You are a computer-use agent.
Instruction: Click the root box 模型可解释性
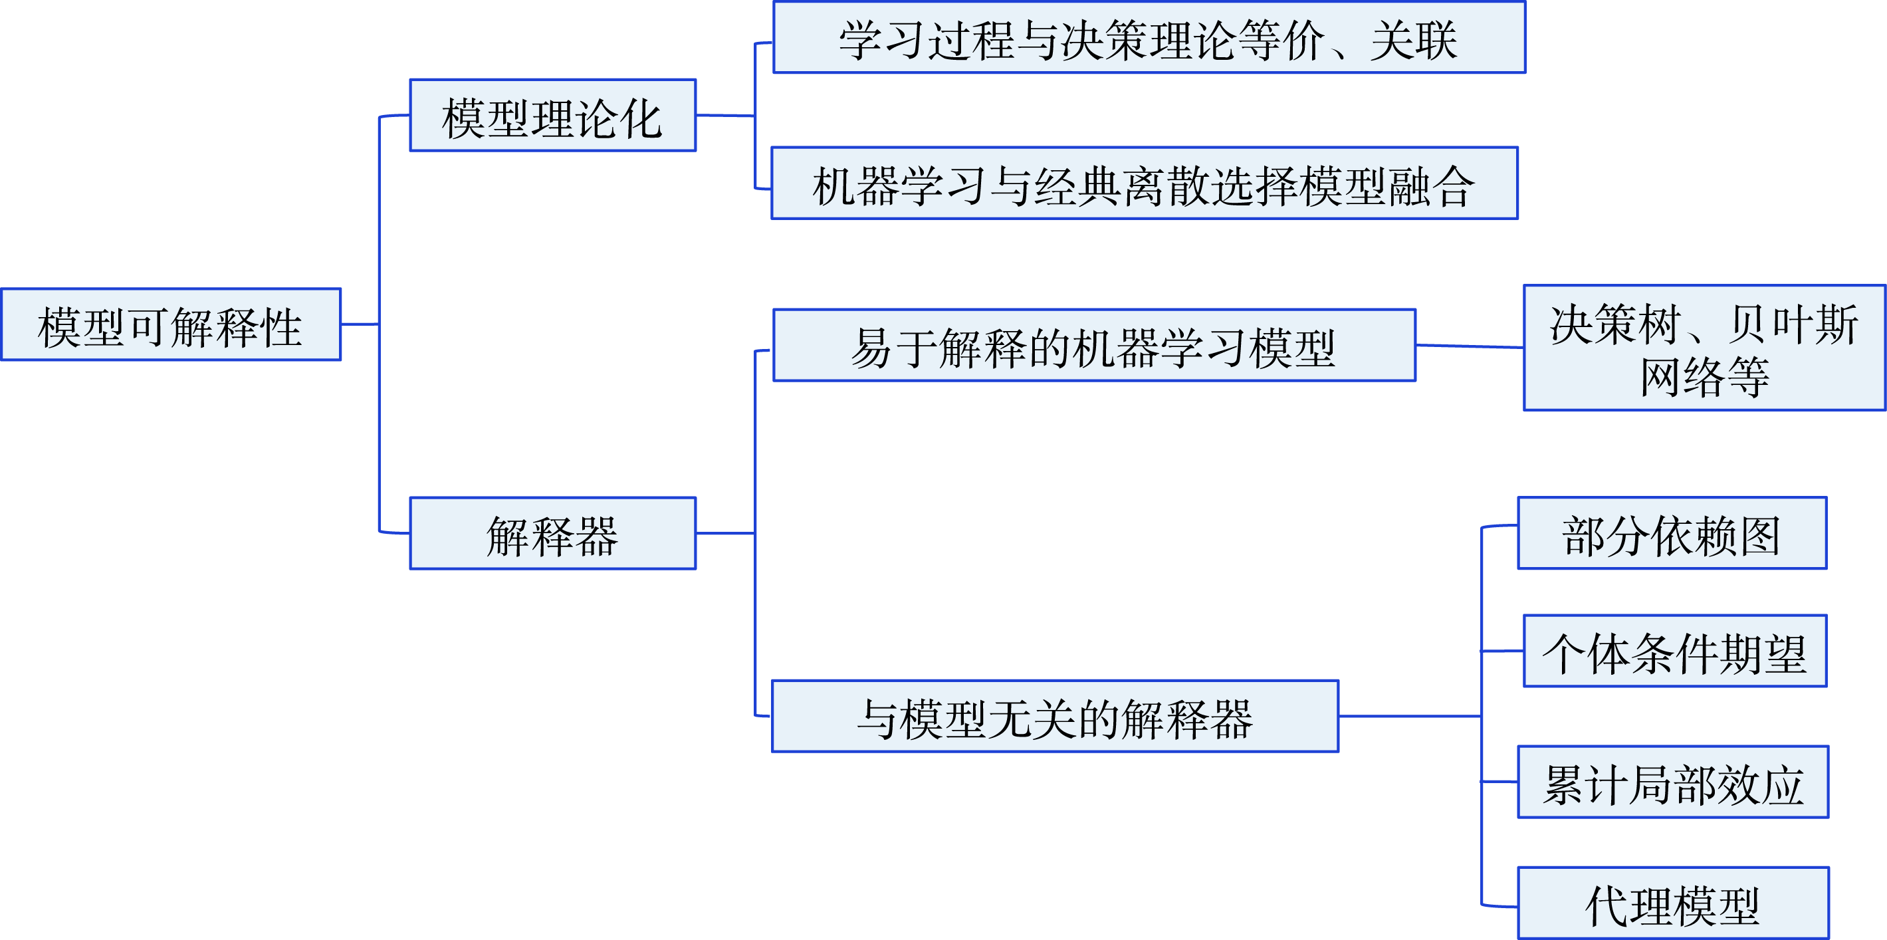[171, 324]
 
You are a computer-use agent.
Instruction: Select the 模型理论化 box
[552, 116]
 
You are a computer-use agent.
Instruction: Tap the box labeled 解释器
[552, 533]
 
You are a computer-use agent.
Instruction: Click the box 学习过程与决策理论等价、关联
[1149, 37]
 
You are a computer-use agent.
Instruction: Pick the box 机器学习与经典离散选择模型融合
[1144, 183]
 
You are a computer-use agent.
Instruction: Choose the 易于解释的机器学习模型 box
[1093, 345]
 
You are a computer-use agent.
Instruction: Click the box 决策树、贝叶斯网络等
[1704, 348]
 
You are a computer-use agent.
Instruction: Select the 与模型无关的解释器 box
[1055, 717]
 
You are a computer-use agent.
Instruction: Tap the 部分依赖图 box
[1672, 533]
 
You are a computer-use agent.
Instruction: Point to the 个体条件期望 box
[1674, 651]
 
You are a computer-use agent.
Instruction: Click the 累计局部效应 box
[1673, 782]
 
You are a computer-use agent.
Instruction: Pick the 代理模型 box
[1673, 903]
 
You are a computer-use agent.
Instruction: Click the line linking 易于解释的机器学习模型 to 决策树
[1470, 346]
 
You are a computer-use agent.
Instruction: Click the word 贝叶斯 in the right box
[1793, 324]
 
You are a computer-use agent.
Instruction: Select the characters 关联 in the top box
[1414, 40]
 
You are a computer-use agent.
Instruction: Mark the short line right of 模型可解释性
[360, 324]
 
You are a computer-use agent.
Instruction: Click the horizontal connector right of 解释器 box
[725, 533]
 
